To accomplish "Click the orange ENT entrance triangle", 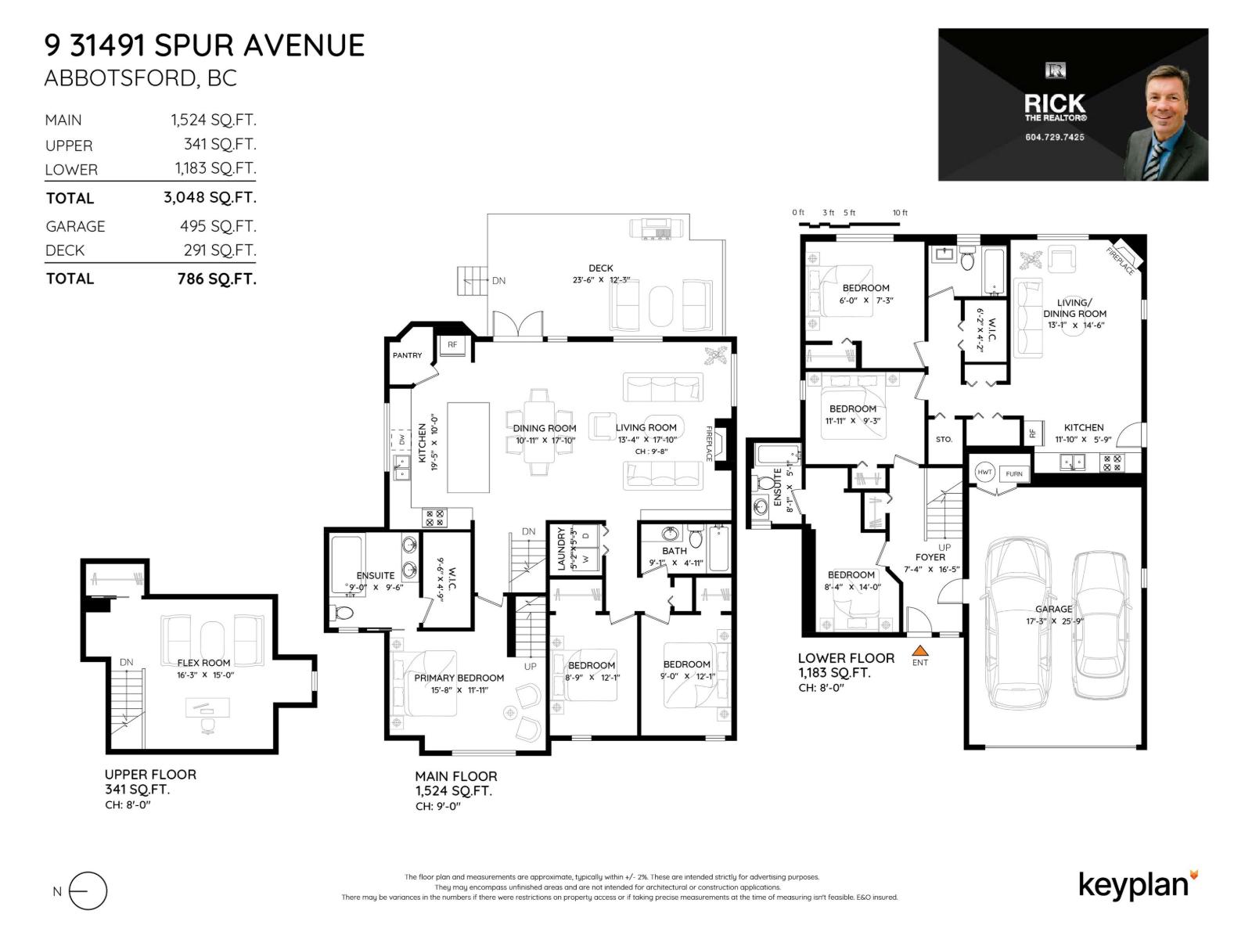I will point(920,649).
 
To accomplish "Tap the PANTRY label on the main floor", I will point(407,355).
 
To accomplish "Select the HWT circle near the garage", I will point(984,472).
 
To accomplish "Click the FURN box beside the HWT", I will point(1014,473).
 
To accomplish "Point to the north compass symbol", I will point(87,890).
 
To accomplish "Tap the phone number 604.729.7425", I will point(1054,137).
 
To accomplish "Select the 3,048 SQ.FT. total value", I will point(210,197).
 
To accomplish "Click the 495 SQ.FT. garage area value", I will point(218,226).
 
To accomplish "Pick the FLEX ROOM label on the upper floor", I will point(204,663).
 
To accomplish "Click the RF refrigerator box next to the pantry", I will point(452,344).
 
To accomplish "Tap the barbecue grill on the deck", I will point(657,228).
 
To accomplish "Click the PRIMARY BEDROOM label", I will point(459,678).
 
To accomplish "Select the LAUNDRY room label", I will point(561,548).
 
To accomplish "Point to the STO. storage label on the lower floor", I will point(944,439).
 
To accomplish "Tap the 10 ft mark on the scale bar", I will point(900,213).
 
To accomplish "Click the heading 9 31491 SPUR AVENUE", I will point(204,45).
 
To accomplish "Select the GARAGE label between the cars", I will point(1053,609).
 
